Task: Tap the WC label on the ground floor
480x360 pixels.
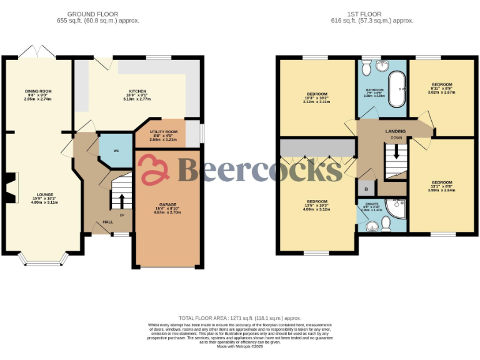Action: [116, 151]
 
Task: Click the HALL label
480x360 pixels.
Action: [108, 222]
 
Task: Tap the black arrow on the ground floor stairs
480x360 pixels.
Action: [121, 201]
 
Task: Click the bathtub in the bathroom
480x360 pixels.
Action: [395, 90]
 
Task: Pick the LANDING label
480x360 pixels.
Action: [395, 131]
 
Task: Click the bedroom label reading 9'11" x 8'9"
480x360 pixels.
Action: [442, 88]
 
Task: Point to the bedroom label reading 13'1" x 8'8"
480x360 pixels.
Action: [441, 186]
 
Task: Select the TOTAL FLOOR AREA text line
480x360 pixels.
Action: [239, 318]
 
